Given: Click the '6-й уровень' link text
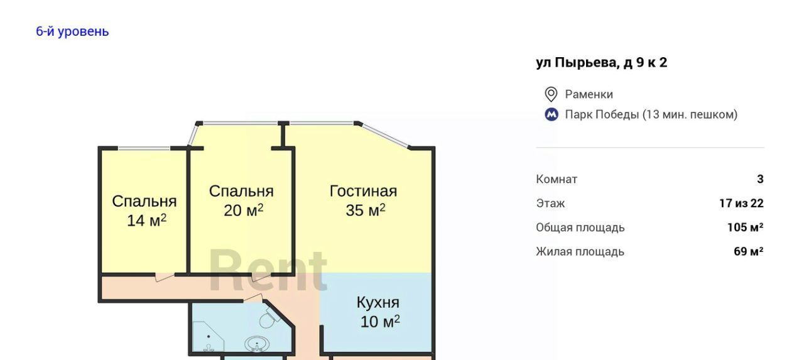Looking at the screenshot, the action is (72, 31).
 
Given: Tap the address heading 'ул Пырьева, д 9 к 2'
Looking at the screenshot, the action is (602, 63).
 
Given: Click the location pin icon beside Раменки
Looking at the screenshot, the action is (551, 94).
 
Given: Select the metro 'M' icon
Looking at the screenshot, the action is (551, 114).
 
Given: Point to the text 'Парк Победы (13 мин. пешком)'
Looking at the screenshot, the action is (651, 114).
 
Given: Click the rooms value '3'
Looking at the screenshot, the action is (760, 179).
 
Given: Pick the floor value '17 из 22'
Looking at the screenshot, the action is (742, 204).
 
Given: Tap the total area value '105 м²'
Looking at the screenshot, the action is (746, 227).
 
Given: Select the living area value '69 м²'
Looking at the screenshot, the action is (749, 251).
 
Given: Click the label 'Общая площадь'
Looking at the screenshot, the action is (580, 228).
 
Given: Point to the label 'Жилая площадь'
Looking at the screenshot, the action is (580, 252).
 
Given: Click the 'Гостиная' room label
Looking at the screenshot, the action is (363, 191).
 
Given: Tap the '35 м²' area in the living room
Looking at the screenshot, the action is (366, 210).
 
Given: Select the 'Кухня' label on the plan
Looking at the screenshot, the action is (378, 303).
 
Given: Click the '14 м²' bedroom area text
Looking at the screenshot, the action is (146, 221).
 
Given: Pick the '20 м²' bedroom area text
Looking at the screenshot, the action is (243, 210).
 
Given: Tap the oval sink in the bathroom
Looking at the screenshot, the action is (257, 344).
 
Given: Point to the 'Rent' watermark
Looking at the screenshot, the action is (268, 270).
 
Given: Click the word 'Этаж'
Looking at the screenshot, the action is (550, 204).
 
